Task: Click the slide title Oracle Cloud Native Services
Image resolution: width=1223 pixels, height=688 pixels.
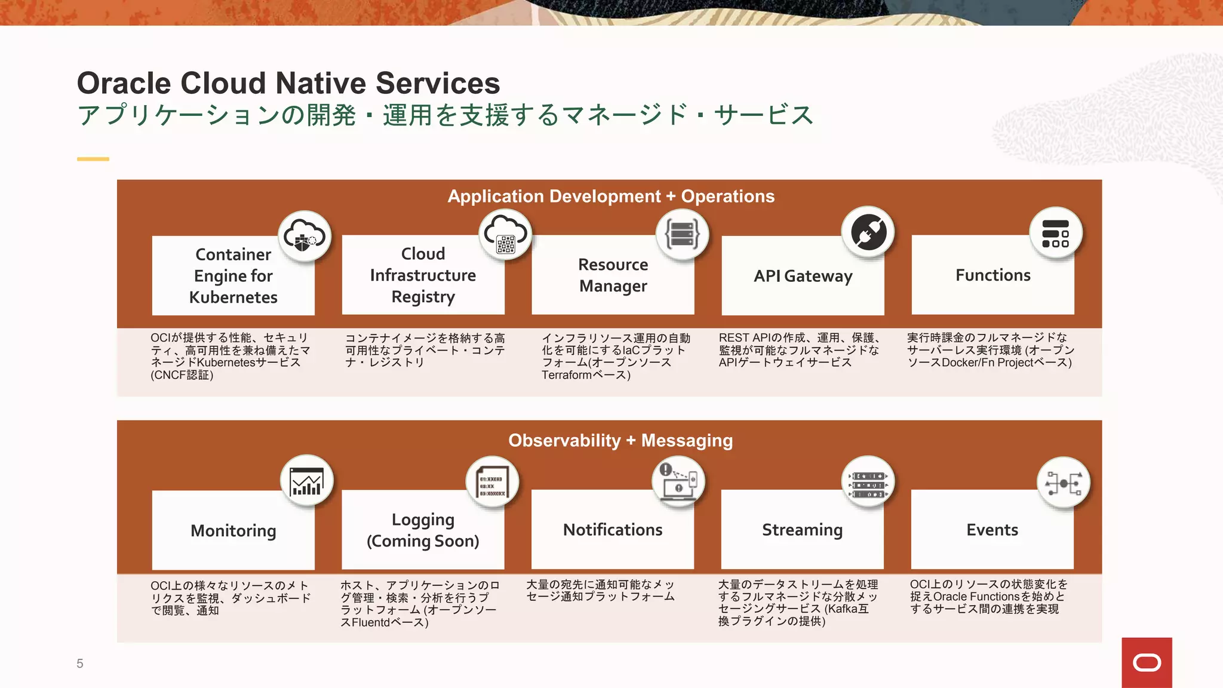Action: tap(288, 83)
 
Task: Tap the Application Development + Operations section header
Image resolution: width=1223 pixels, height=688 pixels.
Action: tap(611, 196)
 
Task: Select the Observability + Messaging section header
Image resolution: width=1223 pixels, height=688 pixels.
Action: tap(620, 441)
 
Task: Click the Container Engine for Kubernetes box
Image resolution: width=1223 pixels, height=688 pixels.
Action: tap(233, 276)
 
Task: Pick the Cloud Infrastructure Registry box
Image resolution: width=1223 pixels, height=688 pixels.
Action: tap(423, 275)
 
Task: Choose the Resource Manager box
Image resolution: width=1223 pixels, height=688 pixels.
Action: tap(613, 275)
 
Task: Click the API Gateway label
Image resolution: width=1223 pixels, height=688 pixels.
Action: tap(803, 276)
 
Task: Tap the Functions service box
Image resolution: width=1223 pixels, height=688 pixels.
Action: tap(992, 275)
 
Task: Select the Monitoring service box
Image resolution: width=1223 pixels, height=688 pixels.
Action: tap(233, 530)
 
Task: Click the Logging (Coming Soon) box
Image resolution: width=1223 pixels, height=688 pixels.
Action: tap(423, 530)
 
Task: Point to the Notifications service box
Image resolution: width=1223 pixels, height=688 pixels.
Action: tap(613, 530)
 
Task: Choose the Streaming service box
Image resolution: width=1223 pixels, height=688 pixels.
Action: tap(802, 530)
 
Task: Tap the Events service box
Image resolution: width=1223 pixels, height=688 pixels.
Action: tap(992, 530)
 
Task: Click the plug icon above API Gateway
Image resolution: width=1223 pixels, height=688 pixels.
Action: tap(868, 232)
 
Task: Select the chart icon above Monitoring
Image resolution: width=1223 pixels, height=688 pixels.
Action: tap(306, 481)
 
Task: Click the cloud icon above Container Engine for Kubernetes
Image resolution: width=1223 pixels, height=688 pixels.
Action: tap(305, 236)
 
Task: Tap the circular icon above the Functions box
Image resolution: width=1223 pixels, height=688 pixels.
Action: tap(1055, 234)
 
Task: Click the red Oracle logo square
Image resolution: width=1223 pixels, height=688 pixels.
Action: tap(1147, 662)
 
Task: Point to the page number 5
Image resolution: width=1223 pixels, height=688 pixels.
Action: tap(80, 664)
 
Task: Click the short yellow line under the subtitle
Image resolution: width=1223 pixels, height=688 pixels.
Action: tap(93, 159)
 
